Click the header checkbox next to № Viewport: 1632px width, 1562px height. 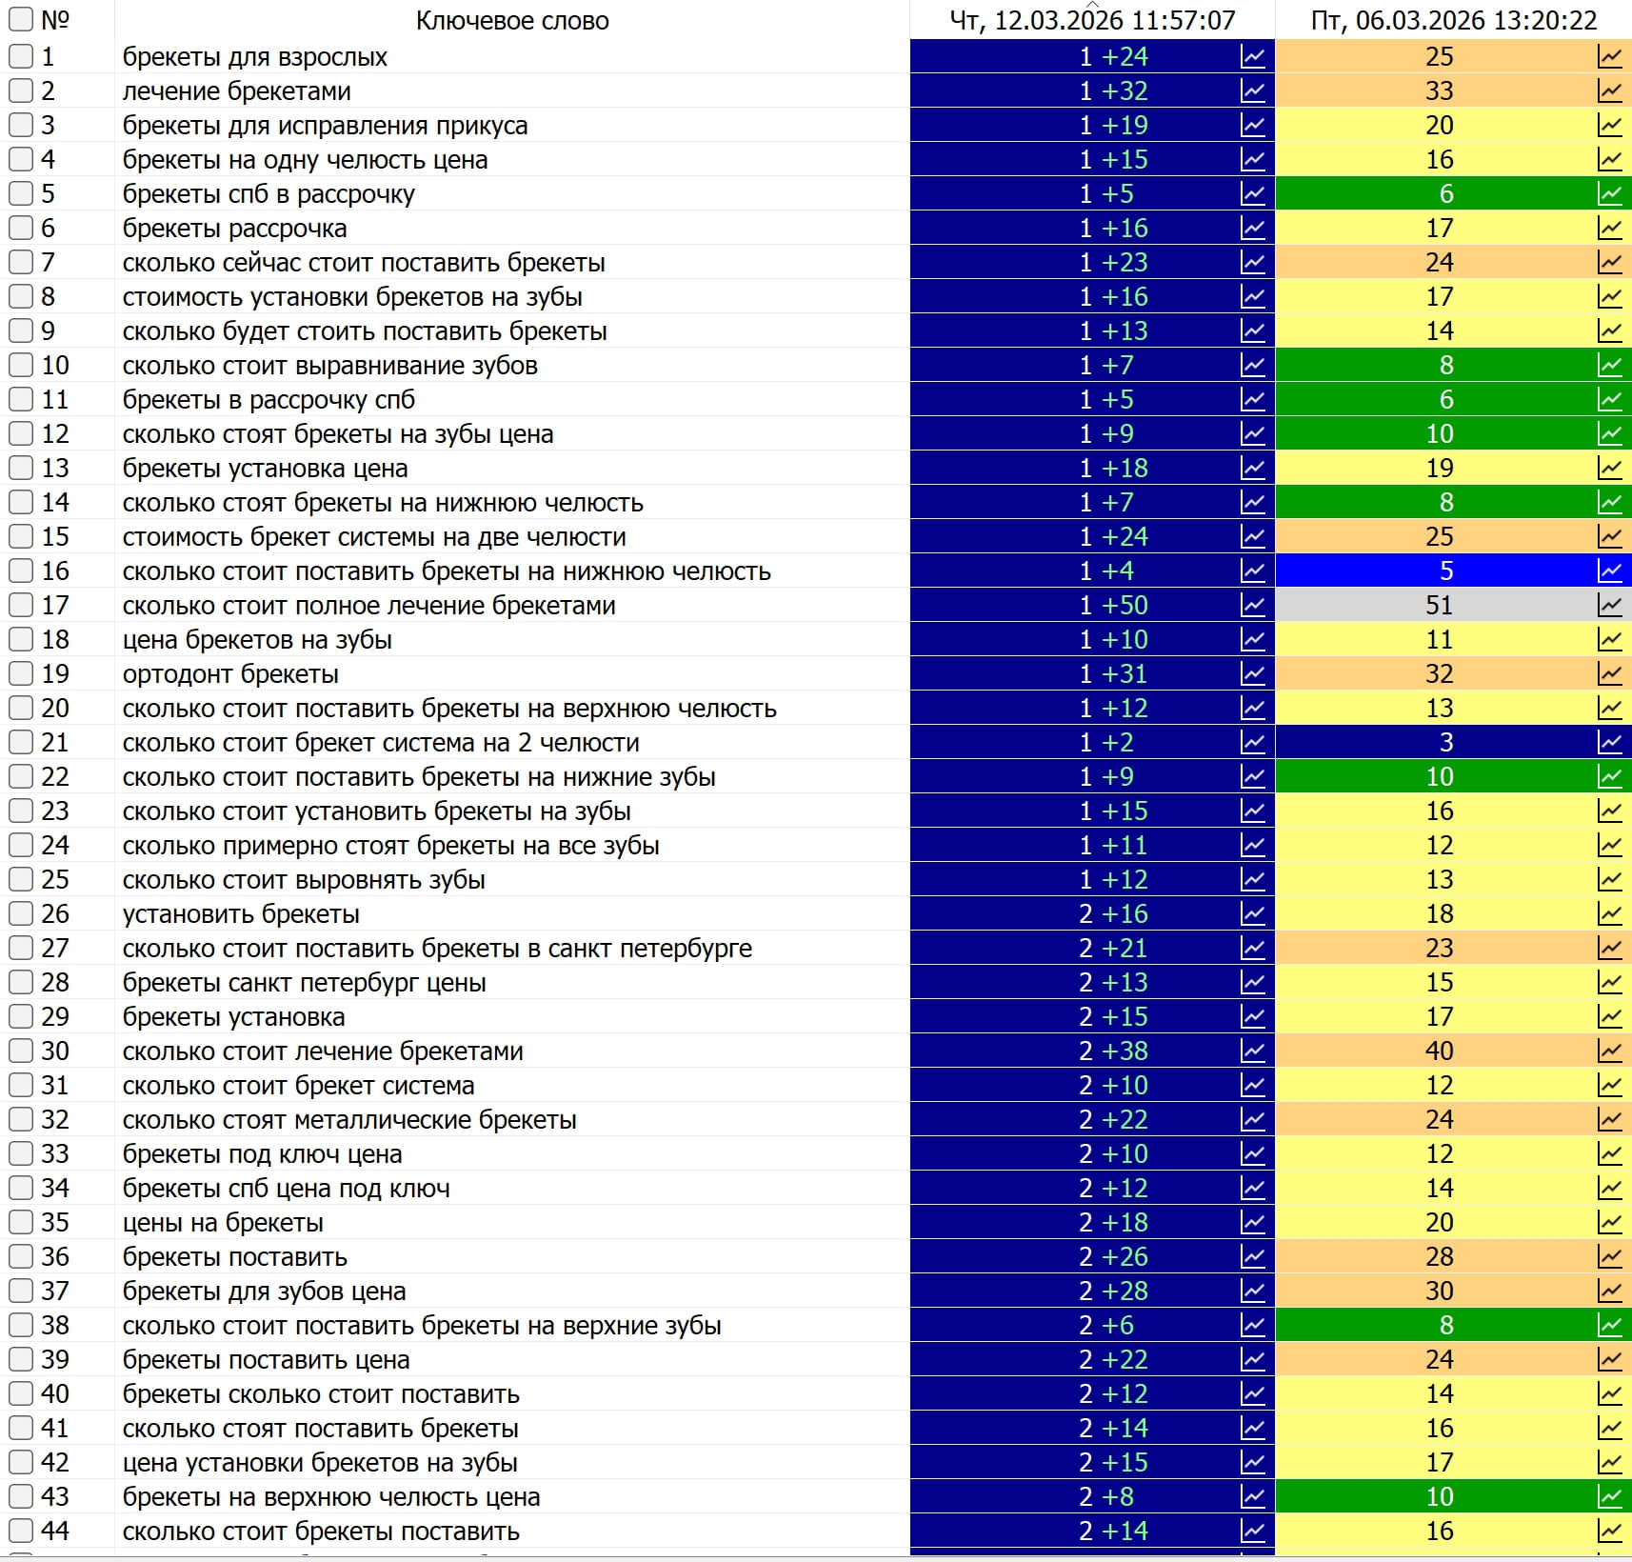[x=21, y=20]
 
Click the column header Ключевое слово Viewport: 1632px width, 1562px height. [x=512, y=21]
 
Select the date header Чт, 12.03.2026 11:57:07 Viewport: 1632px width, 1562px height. [x=1092, y=21]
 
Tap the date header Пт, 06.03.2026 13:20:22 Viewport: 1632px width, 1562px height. [x=1454, y=21]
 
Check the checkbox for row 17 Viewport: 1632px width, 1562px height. [x=21, y=606]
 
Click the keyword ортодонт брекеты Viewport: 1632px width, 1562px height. [x=230, y=674]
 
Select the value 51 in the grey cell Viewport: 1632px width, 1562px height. [x=1439, y=606]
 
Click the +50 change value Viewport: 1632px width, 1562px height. [x=1124, y=606]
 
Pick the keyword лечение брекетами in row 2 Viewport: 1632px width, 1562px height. [x=236, y=91]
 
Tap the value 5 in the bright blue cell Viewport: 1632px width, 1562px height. [x=1446, y=571]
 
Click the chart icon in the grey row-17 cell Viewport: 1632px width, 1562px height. [x=1609, y=606]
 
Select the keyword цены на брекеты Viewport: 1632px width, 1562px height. [x=223, y=1223]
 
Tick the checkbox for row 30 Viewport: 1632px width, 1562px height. [x=21, y=1051]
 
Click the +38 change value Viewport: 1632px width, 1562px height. [x=1124, y=1051]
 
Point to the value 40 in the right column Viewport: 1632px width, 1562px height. [x=1439, y=1051]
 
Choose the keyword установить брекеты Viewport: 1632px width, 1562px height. [x=241, y=914]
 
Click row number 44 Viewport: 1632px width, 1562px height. [x=55, y=1532]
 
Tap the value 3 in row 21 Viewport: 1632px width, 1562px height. [x=1446, y=743]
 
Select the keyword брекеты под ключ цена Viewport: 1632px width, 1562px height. [x=262, y=1154]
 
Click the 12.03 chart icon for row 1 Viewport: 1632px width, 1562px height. [x=1253, y=57]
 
